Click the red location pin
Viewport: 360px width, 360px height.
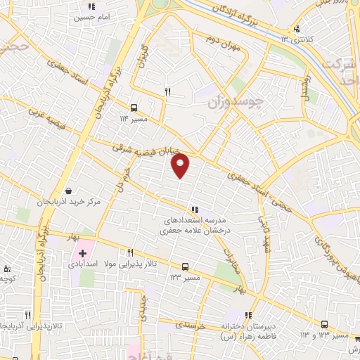(x=181, y=164)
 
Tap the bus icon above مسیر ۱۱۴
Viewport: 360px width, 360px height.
(x=134, y=108)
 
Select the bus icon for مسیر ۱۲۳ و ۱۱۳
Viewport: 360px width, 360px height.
(x=324, y=324)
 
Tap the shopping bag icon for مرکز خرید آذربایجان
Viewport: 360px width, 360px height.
(x=68, y=191)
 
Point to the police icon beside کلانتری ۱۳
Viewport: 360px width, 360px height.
(x=297, y=30)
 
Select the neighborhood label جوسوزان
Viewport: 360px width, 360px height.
(x=236, y=101)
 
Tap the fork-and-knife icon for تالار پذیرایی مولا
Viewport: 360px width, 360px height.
(x=130, y=252)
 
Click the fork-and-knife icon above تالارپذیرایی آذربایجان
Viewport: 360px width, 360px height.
(x=28, y=316)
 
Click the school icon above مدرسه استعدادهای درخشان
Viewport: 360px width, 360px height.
(x=195, y=209)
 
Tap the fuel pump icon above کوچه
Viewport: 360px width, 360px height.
(x=7, y=268)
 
